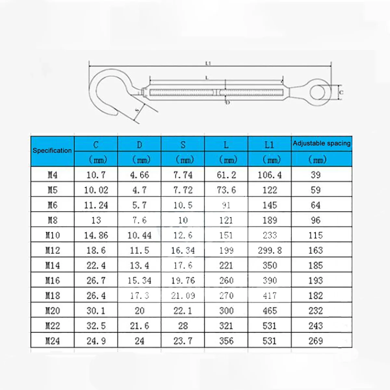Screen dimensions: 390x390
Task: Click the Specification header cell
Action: [52, 150]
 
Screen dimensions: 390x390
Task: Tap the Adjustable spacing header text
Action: [321, 143]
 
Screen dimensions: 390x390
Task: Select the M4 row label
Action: [52, 175]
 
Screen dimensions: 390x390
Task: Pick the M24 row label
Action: [52, 341]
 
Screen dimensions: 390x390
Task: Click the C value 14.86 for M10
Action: [96, 235]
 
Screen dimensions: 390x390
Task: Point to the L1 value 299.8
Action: [269, 250]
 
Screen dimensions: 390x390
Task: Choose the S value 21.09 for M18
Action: [183, 296]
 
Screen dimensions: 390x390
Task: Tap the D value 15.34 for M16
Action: [139, 281]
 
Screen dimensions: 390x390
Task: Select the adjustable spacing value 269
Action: [315, 341]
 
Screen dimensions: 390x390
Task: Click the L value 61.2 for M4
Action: [226, 175]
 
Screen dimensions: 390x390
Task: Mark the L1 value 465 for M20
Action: [269, 311]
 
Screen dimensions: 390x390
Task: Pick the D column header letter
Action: [139, 145]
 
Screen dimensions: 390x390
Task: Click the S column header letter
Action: [183, 145]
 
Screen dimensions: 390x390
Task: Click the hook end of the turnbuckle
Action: [104, 91]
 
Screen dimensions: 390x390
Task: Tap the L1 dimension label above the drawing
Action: [208, 63]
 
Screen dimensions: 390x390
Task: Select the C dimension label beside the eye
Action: [341, 93]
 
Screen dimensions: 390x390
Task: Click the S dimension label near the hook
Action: [137, 111]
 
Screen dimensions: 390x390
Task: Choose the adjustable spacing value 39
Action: [315, 175]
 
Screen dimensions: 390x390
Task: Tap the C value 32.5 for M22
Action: [96, 326]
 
